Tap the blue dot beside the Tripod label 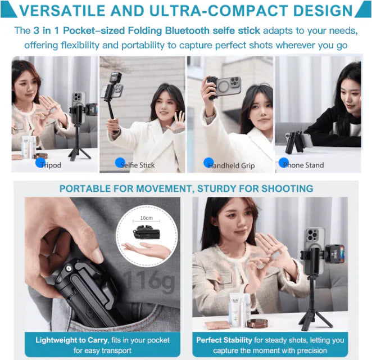[40, 163]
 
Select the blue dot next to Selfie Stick [120, 163]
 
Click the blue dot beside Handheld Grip [208, 163]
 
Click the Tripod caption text [52, 165]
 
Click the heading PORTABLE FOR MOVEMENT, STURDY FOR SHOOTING [186, 188]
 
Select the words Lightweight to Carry [66, 340]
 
